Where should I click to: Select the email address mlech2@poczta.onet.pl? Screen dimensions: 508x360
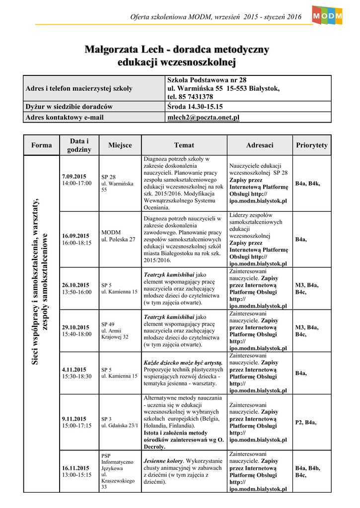204,117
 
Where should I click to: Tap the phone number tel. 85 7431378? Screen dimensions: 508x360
190,97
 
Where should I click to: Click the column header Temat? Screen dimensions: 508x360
184,145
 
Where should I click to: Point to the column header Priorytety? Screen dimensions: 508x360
311,145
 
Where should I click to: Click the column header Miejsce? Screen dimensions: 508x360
120,145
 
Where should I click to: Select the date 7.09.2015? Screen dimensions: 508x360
74,177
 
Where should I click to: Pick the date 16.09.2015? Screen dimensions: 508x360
75,236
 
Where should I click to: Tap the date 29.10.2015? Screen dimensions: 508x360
75,327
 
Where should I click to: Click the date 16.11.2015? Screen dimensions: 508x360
75,468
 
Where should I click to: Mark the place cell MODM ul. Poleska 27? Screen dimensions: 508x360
118,236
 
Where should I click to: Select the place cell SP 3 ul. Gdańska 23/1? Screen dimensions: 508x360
120,422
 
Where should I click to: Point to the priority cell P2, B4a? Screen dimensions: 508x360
306,422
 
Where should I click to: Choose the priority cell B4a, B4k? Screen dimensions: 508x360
308,184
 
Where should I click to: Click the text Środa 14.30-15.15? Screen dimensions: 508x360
195,107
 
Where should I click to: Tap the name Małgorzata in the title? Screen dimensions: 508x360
108,50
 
